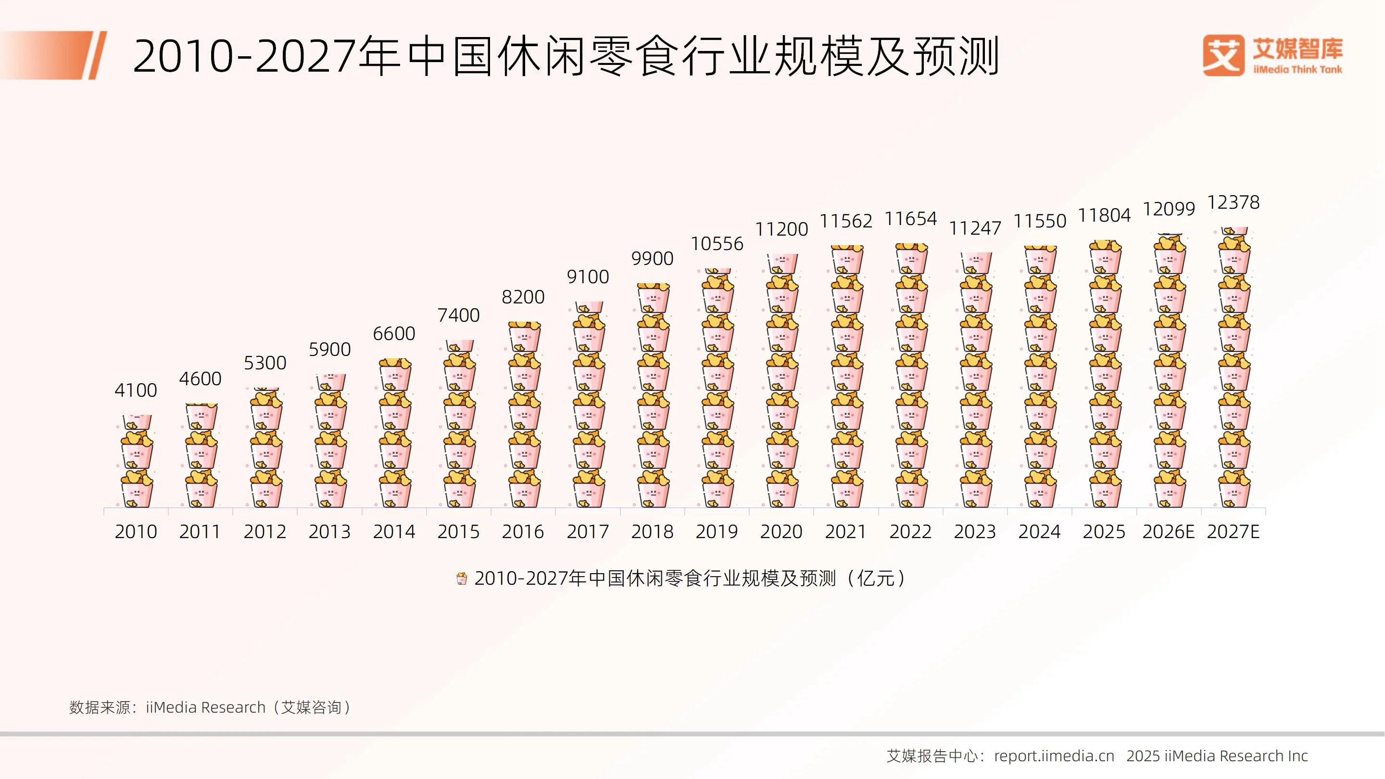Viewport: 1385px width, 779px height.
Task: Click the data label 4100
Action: [136, 390]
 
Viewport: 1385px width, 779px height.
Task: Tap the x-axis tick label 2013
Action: [329, 532]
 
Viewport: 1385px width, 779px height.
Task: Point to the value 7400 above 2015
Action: [458, 315]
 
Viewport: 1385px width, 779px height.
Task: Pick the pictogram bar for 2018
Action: [653, 395]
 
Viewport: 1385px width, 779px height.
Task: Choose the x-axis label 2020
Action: [781, 532]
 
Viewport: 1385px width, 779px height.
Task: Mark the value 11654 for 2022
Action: [910, 219]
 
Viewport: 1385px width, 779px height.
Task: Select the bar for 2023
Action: [975, 379]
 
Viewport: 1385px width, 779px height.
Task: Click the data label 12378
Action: [1233, 202]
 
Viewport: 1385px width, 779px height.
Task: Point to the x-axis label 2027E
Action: [1233, 532]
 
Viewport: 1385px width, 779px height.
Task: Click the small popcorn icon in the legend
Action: [461, 579]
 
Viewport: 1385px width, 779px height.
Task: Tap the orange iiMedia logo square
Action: [1223, 55]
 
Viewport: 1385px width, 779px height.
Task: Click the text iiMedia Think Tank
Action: [1297, 69]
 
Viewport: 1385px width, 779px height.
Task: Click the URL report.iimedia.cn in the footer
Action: [1054, 756]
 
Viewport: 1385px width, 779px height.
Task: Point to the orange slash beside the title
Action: [97, 55]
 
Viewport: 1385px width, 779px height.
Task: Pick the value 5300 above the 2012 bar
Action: [264, 363]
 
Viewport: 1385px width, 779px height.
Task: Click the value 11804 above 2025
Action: [1104, 215]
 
